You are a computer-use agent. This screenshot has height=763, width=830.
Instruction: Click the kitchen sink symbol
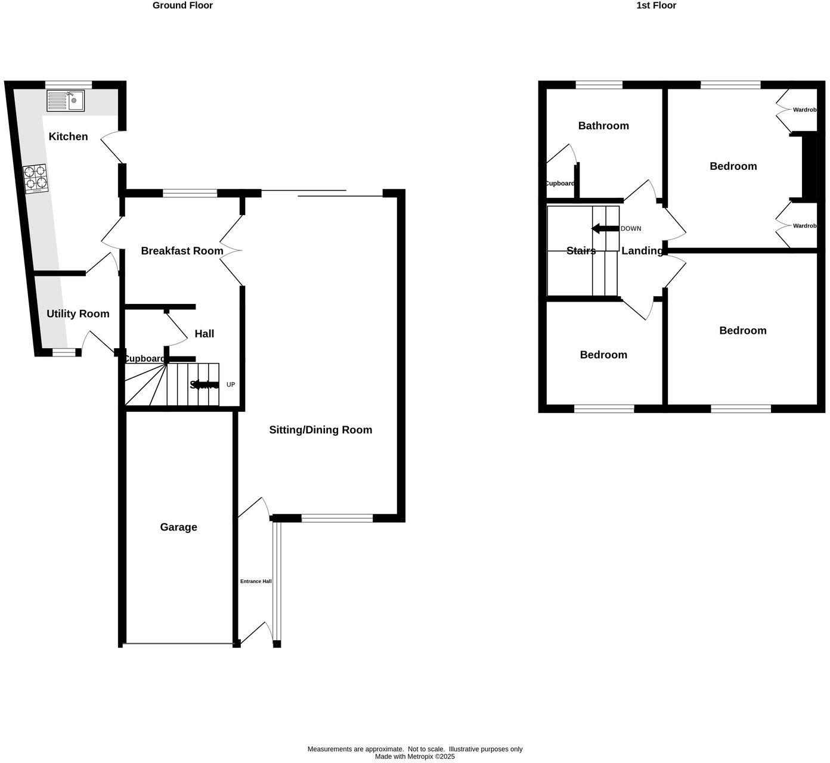[66, 101]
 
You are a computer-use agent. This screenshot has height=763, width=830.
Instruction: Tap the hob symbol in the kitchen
[35, 178]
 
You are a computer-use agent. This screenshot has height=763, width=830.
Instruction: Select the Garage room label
[178, 527]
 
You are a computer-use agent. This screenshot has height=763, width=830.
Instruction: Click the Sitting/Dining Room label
[320, 430]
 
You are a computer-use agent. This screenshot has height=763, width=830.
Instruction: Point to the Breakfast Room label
[182, 251]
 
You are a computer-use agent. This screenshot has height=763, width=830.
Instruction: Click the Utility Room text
[78, 314]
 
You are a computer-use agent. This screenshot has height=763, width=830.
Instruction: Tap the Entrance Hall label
[256, 581]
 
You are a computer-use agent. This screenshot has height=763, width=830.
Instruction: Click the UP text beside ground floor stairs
[231, 385]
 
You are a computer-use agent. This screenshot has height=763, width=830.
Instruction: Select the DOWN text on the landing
[631, 229]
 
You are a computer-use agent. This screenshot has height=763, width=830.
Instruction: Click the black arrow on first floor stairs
[605, 229]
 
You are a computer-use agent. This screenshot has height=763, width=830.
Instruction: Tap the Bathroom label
[603, 126]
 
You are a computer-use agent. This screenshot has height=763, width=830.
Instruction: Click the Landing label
[642, 251]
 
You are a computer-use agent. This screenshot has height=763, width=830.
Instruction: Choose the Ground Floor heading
[182, 5]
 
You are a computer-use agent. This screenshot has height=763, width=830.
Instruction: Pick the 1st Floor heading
[656, 5]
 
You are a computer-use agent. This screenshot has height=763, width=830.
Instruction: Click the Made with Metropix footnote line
[414, 757]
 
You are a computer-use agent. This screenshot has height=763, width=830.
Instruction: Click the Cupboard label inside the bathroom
[560, 184]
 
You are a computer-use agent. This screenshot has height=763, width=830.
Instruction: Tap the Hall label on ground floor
[204, 334]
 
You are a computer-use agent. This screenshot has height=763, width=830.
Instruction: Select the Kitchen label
[68, 137]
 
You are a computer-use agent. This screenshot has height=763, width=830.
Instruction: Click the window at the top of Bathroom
[599, 85]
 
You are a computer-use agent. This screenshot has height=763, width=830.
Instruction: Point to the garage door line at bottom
[179, 644]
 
